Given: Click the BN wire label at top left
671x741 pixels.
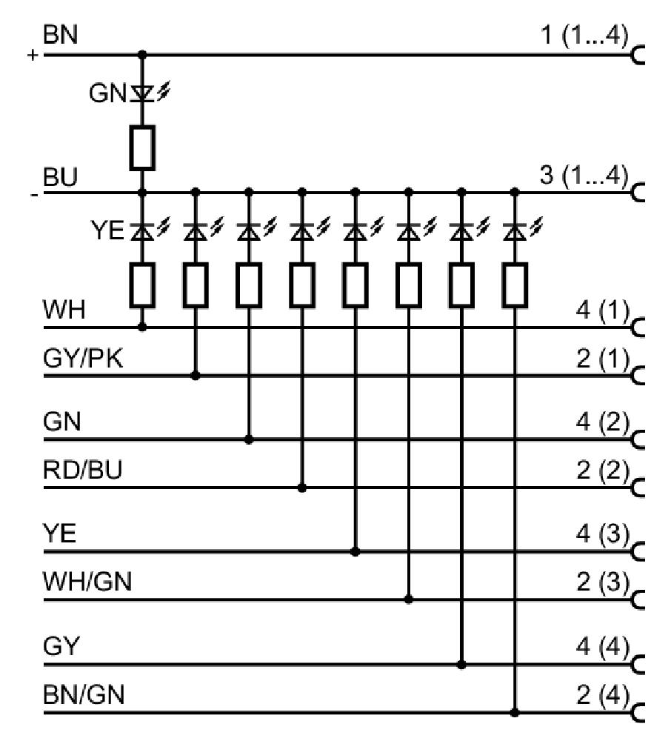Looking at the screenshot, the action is (60, 35).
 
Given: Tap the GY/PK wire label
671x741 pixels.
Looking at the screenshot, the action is (83, 359).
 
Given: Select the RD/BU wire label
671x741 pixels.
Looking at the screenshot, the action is (83, 470).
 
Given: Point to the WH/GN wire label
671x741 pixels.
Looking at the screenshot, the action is (87, 582).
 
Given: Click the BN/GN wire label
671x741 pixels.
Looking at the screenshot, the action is (84, 695).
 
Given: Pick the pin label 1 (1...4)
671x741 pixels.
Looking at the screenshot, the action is (584, 36).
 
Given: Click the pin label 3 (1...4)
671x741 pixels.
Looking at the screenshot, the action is (584, 176).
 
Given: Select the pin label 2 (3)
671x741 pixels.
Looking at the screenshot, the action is (603, 582).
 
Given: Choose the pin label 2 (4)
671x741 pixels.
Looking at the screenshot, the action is (603, 695).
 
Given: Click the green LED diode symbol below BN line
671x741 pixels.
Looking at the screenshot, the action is (142, 93).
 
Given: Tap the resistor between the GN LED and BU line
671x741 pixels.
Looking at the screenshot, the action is (142, 147).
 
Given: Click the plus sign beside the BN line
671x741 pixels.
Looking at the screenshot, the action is (32, 56).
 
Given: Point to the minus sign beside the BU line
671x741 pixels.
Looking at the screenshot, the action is (33, 195).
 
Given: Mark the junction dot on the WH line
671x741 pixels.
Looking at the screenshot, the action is (142, 327).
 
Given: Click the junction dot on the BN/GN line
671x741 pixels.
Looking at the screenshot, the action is (515, 711).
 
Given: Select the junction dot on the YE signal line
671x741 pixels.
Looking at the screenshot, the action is (355, 551).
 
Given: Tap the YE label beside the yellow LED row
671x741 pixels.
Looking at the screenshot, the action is (107, 230).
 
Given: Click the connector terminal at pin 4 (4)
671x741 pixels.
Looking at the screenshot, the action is (638, 665).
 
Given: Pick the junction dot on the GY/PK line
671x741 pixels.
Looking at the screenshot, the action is (196, 376).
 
